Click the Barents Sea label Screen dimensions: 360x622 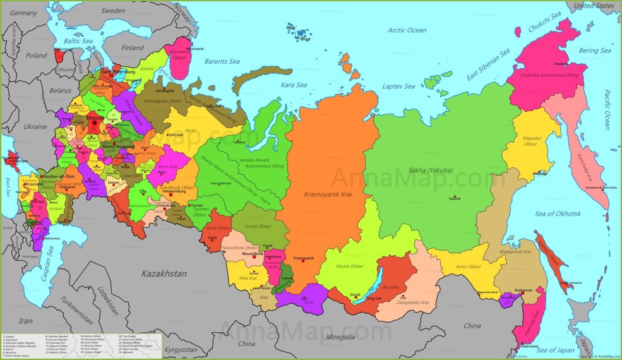coord(221,61)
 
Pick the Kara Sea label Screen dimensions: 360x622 coord(294,85)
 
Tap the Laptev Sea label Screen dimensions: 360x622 coord(401,86)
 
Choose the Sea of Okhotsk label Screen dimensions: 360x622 coord(557,213)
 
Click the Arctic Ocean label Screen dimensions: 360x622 coord(407,30)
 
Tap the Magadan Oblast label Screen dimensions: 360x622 coord(529,140)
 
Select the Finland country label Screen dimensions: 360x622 coord(133,47)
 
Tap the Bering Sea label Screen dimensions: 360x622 coord(595,51)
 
